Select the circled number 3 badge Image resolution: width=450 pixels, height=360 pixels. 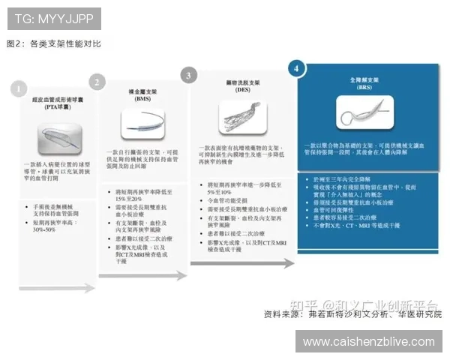[x=188, y=75]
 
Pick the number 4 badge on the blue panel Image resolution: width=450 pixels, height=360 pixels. [x=298, y=68]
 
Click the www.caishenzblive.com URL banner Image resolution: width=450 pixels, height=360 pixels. [x=369, y=341]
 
